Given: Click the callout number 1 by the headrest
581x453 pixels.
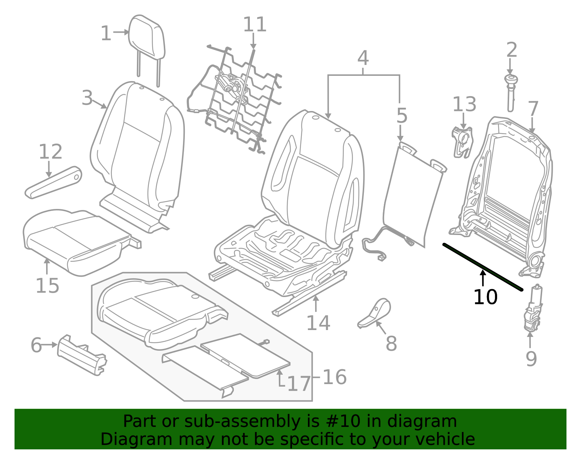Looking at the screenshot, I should (106, 33).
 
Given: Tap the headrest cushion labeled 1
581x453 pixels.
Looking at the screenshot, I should (147, 36).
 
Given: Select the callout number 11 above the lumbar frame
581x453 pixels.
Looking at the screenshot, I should (255, 25).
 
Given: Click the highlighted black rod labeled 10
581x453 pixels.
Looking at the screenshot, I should (483, 267).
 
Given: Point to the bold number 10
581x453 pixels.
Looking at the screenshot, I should (485, 297).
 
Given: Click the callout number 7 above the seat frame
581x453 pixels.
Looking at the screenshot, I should (533, 108).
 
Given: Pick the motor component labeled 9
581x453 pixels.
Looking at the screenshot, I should (533, 310).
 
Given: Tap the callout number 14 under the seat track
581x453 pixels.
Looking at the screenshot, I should (318, 323).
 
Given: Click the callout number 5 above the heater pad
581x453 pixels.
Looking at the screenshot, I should (402, 116).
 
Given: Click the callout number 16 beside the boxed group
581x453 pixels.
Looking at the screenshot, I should (334, 377).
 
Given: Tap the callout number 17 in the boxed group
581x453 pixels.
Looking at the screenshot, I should (299, 384).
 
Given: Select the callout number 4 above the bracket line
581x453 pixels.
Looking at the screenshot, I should (363, 58).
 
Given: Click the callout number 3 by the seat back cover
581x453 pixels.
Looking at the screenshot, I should (87, 98).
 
